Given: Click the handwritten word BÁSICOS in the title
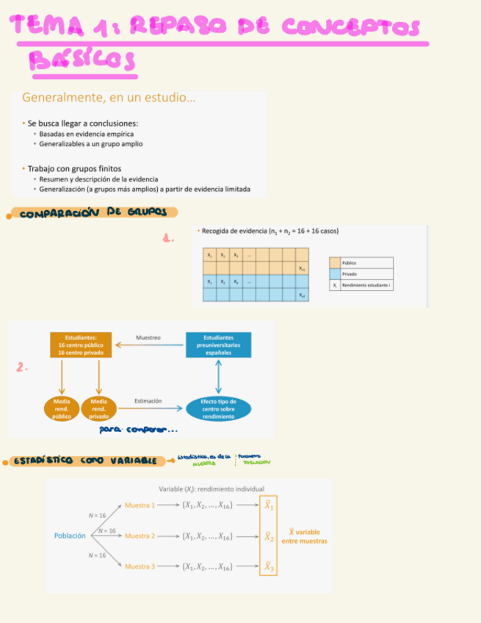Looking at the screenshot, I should pos(82,62).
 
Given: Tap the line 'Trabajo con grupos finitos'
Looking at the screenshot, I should pos(73,168).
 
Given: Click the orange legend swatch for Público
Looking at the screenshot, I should pos(335,262).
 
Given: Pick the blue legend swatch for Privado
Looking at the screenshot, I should pos(335,274).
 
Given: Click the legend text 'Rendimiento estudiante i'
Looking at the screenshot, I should pos(366,285).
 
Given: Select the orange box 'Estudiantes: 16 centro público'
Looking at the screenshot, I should pos(81,345).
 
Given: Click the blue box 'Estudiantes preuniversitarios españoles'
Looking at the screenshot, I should pos(218,345).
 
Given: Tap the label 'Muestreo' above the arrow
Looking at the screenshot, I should pos(148,338).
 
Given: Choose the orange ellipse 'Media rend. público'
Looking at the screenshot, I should pos(62,408).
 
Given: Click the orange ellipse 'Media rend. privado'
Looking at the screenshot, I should pos(98,408).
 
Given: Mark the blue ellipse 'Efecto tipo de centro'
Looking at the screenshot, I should pos(218,408).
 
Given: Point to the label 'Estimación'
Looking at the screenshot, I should pos(148,401).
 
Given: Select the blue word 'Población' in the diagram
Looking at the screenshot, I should pos(70,536).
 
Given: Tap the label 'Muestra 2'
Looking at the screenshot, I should pos(140,536).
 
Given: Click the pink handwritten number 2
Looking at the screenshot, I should pos(22,368).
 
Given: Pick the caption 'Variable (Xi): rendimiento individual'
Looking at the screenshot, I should pos(211,489).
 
